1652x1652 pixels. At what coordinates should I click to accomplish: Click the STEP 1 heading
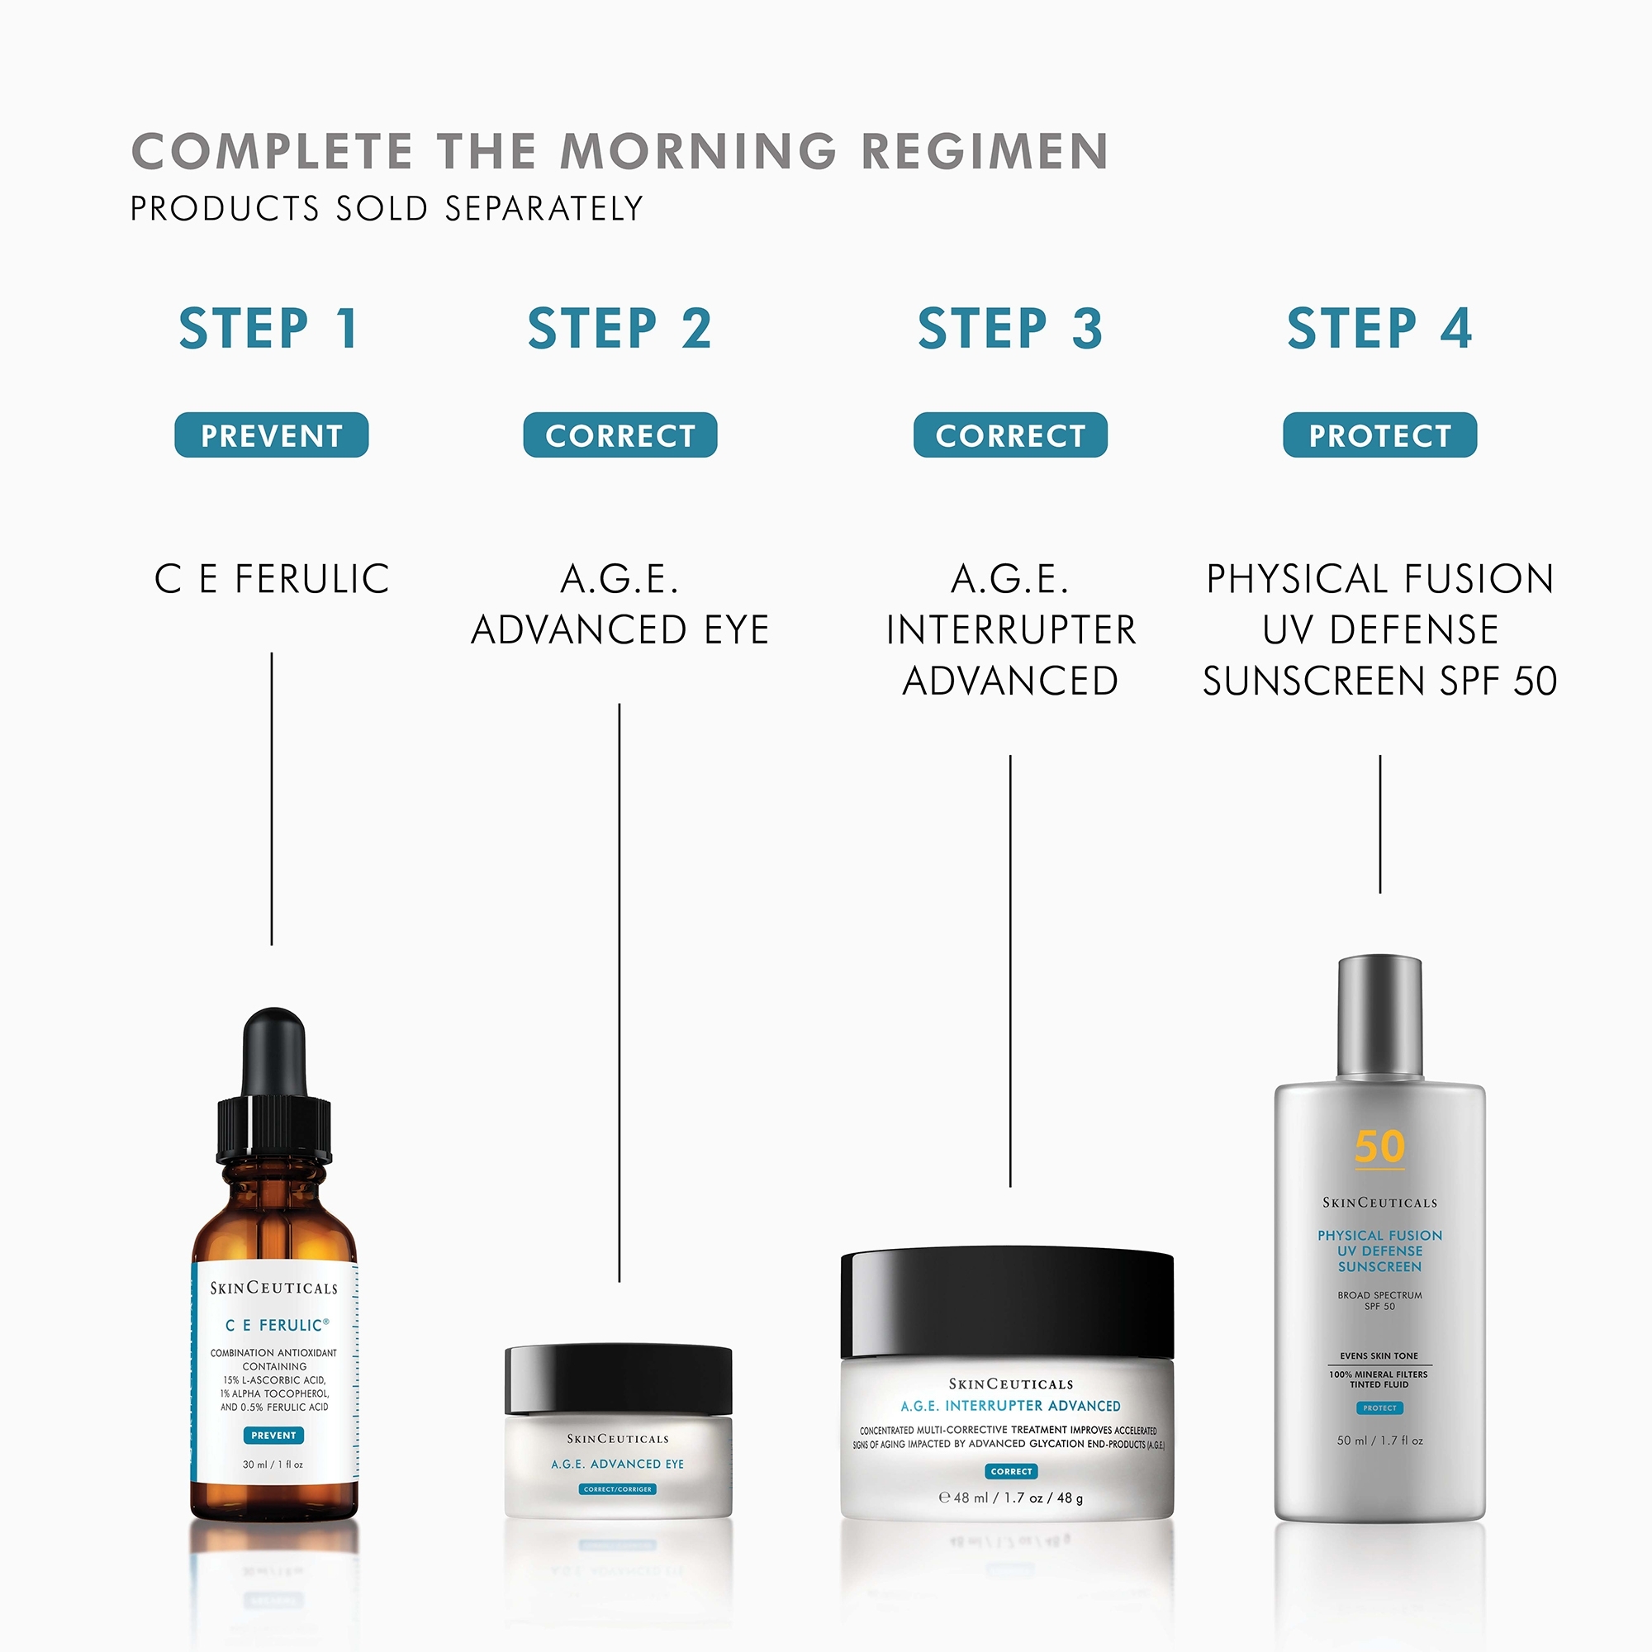[268, 330]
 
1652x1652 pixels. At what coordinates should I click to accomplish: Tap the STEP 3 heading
[1010, 330]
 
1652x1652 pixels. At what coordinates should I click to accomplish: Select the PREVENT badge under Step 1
[271, 435]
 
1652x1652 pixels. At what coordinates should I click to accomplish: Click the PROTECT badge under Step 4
[1379, 435]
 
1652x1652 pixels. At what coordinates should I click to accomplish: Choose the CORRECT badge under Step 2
[620, 435]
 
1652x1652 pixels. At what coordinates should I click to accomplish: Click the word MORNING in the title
[698, 151]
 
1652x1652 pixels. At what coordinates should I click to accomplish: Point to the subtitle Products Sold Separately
[387, 209]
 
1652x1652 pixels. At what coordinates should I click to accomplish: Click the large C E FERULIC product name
[272, 579]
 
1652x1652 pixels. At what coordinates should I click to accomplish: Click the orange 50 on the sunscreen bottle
[1379, 1146]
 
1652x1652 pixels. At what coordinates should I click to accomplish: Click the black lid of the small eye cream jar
[618, 1379]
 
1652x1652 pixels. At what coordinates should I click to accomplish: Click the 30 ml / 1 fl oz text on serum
[273, 1464]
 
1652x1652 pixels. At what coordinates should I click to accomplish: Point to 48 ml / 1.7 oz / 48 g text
[1011, 1498]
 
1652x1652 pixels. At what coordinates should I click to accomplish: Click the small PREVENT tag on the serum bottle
[273, 1435]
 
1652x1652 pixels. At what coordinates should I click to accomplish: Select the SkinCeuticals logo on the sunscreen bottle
[1379, 1202]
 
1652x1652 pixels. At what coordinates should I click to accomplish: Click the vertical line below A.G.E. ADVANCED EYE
[619, 992]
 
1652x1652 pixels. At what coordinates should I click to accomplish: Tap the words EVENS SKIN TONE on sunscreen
[1379, 1355]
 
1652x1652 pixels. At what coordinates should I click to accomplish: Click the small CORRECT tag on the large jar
[1012, 1471]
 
